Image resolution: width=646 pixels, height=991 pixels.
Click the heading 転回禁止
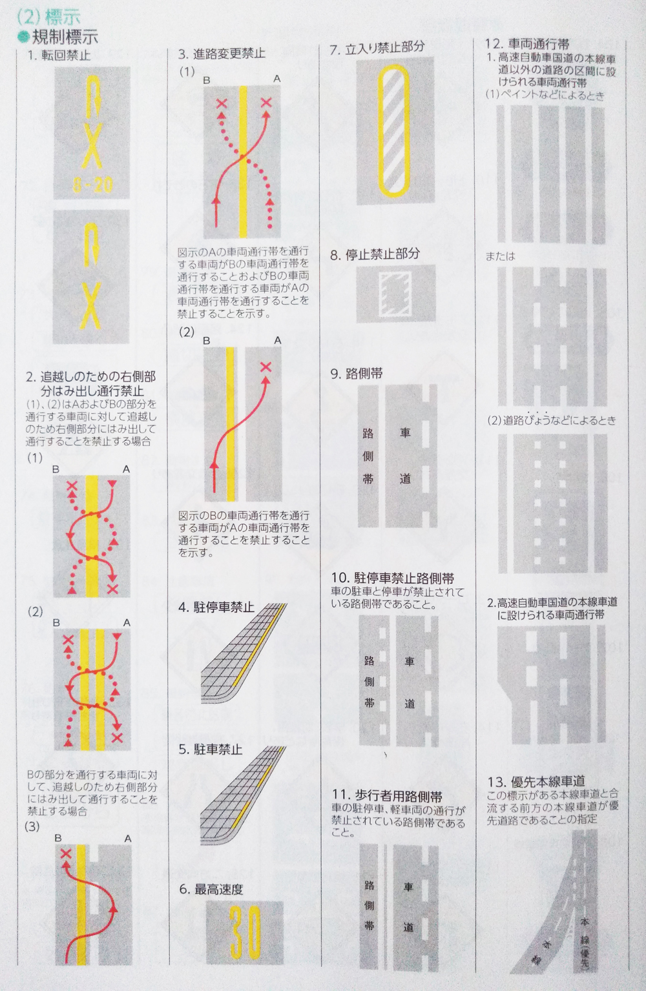(66, 56)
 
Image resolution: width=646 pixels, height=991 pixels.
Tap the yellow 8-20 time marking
(92, 185)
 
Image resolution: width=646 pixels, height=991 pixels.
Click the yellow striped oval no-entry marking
(393, 131)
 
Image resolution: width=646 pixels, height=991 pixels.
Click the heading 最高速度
(219, 889)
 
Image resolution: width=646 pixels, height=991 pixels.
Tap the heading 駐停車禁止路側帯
(404, 578)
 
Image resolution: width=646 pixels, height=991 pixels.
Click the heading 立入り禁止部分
(385, 48)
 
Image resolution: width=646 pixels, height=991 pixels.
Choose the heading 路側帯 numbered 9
(364, 374)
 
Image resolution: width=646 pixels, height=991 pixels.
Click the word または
(501, 256)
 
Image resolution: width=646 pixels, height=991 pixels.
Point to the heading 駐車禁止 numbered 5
(218, 750)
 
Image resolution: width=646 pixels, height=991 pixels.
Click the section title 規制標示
(65, 37)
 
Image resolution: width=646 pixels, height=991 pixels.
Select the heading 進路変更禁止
(229, 54)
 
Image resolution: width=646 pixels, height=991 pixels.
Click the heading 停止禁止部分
(382, 254)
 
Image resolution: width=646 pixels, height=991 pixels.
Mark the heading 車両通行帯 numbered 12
(538, 44)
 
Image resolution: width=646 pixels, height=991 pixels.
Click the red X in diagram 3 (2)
(266, 367)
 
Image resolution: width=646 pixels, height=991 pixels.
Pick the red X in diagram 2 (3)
(66, 853)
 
